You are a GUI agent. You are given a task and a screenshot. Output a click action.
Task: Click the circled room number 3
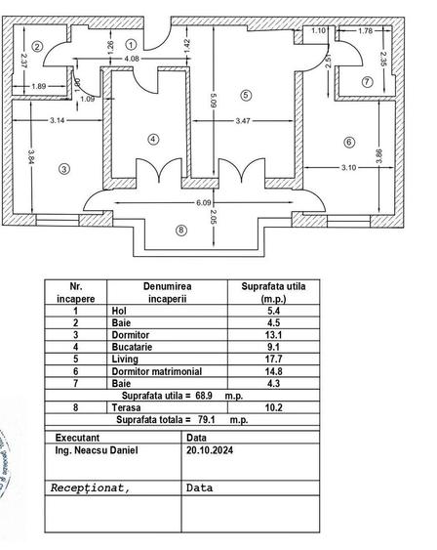tap(64, 169)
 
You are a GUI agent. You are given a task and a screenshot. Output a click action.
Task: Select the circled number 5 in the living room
tap(246, 95)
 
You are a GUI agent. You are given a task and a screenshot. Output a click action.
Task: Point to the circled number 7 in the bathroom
tap(367, 82)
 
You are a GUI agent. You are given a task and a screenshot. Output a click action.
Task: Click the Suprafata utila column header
tap(265, 293)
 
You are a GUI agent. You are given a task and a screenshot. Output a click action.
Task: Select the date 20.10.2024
tap(211, 451)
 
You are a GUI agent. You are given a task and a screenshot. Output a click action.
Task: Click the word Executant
tap(77, 439)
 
